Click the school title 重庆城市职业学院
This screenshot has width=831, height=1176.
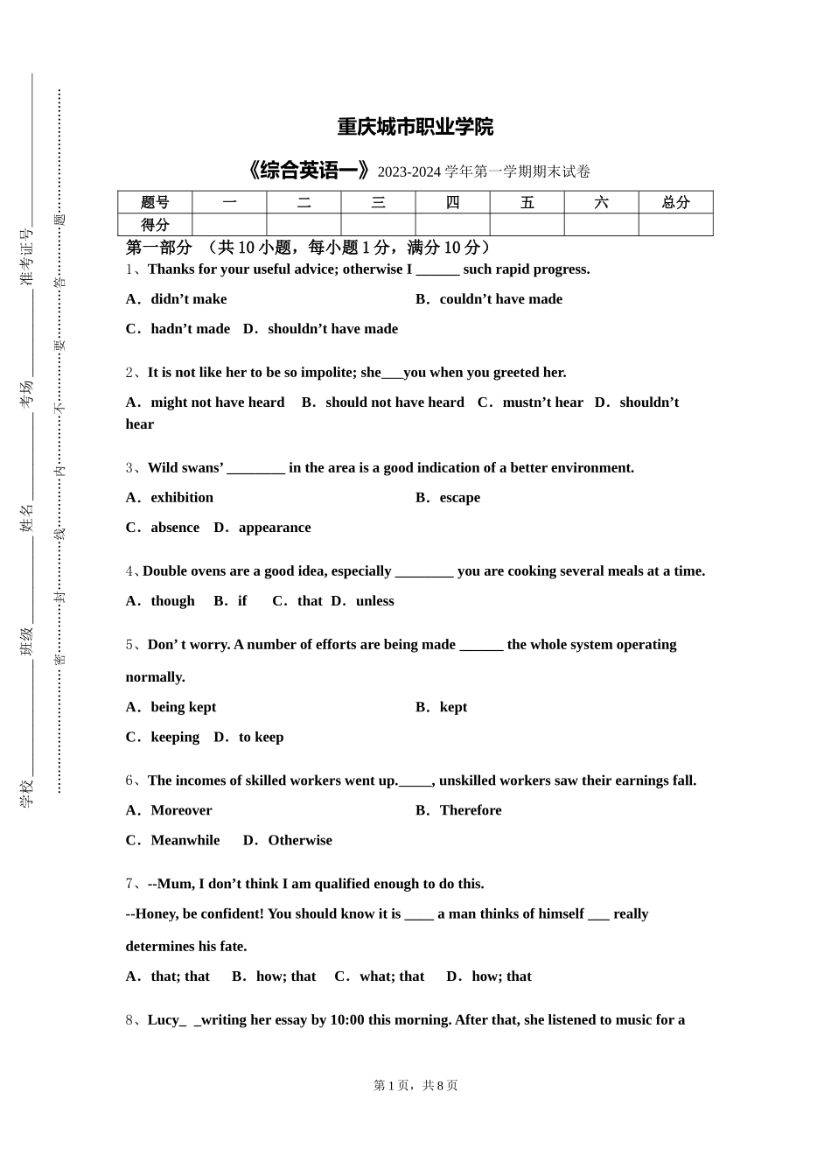click(x=415, y=127)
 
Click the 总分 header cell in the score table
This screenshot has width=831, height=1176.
click(x=675, y=202)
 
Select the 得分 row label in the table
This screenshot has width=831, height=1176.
click(x=155, y=225)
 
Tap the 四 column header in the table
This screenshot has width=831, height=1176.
click(x=452, y=202)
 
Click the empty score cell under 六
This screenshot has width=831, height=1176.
click(x=601, y=225)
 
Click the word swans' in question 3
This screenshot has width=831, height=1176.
click(x=202, y=468)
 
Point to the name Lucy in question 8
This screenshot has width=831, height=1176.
click(x=164, y=1020)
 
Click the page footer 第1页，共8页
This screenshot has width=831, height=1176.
click(x=415, y=1085)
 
